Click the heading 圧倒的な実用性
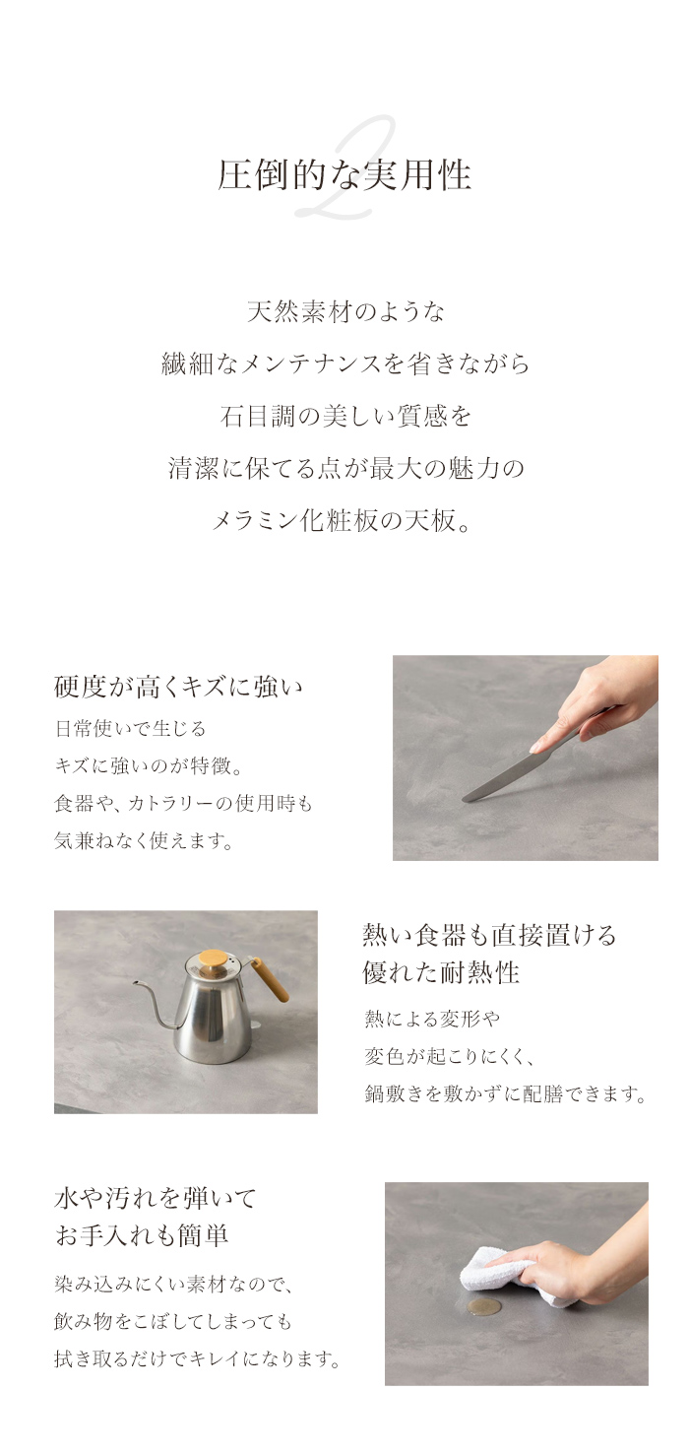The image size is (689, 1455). (344, 175)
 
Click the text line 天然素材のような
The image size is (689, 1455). (345, 311)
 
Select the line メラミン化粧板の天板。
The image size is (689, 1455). (342, 520)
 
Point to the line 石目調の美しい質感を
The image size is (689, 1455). (345, 416)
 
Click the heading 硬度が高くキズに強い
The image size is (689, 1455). (178, 687)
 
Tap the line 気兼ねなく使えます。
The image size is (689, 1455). (144, 841)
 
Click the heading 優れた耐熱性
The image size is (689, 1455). (441, 972)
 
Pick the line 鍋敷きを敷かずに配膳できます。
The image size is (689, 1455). (505, 1093)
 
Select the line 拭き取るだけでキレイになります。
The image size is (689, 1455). (198, 1358)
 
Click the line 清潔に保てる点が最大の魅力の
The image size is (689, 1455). (345, 468)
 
